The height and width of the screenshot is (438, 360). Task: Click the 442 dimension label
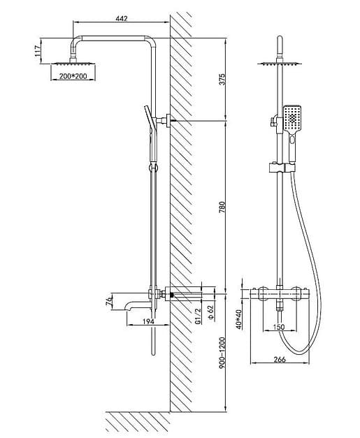(x=122, y=18)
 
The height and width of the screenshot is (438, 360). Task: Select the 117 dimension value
(x=38, y=52)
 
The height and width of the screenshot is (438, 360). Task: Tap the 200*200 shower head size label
(x=73, y=75)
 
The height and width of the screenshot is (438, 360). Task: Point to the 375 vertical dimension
(x=222, y=80)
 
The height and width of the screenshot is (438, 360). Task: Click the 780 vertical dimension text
(x=222, y=207)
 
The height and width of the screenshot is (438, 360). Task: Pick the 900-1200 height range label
(x=222, y=353)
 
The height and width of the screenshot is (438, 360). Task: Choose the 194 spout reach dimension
(x=148, y=321)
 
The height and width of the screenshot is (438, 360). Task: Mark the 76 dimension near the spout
(x=109, y=301)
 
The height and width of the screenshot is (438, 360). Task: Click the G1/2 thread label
(x=198, y=316)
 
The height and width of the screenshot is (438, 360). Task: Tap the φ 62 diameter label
(x=210, y=312)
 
